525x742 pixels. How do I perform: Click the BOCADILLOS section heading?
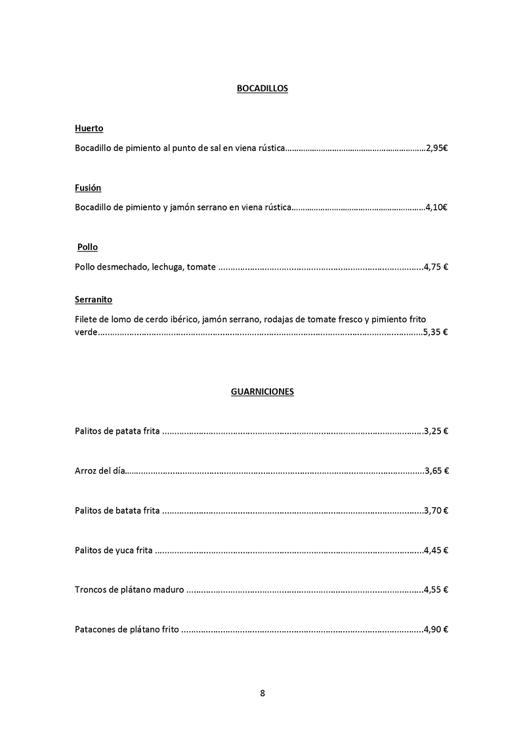262,89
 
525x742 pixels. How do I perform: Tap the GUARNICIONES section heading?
262,392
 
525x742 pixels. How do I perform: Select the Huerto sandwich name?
89,129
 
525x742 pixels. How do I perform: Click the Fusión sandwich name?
88,188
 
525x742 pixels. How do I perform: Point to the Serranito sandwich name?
93,300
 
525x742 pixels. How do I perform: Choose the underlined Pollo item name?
87,247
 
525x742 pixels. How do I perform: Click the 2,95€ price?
437,149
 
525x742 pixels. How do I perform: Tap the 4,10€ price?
437,208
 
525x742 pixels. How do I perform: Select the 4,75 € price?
436,267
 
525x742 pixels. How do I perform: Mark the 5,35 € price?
436,333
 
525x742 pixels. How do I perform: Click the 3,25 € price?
436,432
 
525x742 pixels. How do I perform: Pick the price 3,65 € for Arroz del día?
436,471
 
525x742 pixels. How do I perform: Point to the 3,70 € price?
436,510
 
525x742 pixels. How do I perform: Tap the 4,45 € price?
436,550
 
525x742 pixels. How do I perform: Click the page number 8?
262,693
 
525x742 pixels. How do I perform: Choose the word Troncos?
91,590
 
